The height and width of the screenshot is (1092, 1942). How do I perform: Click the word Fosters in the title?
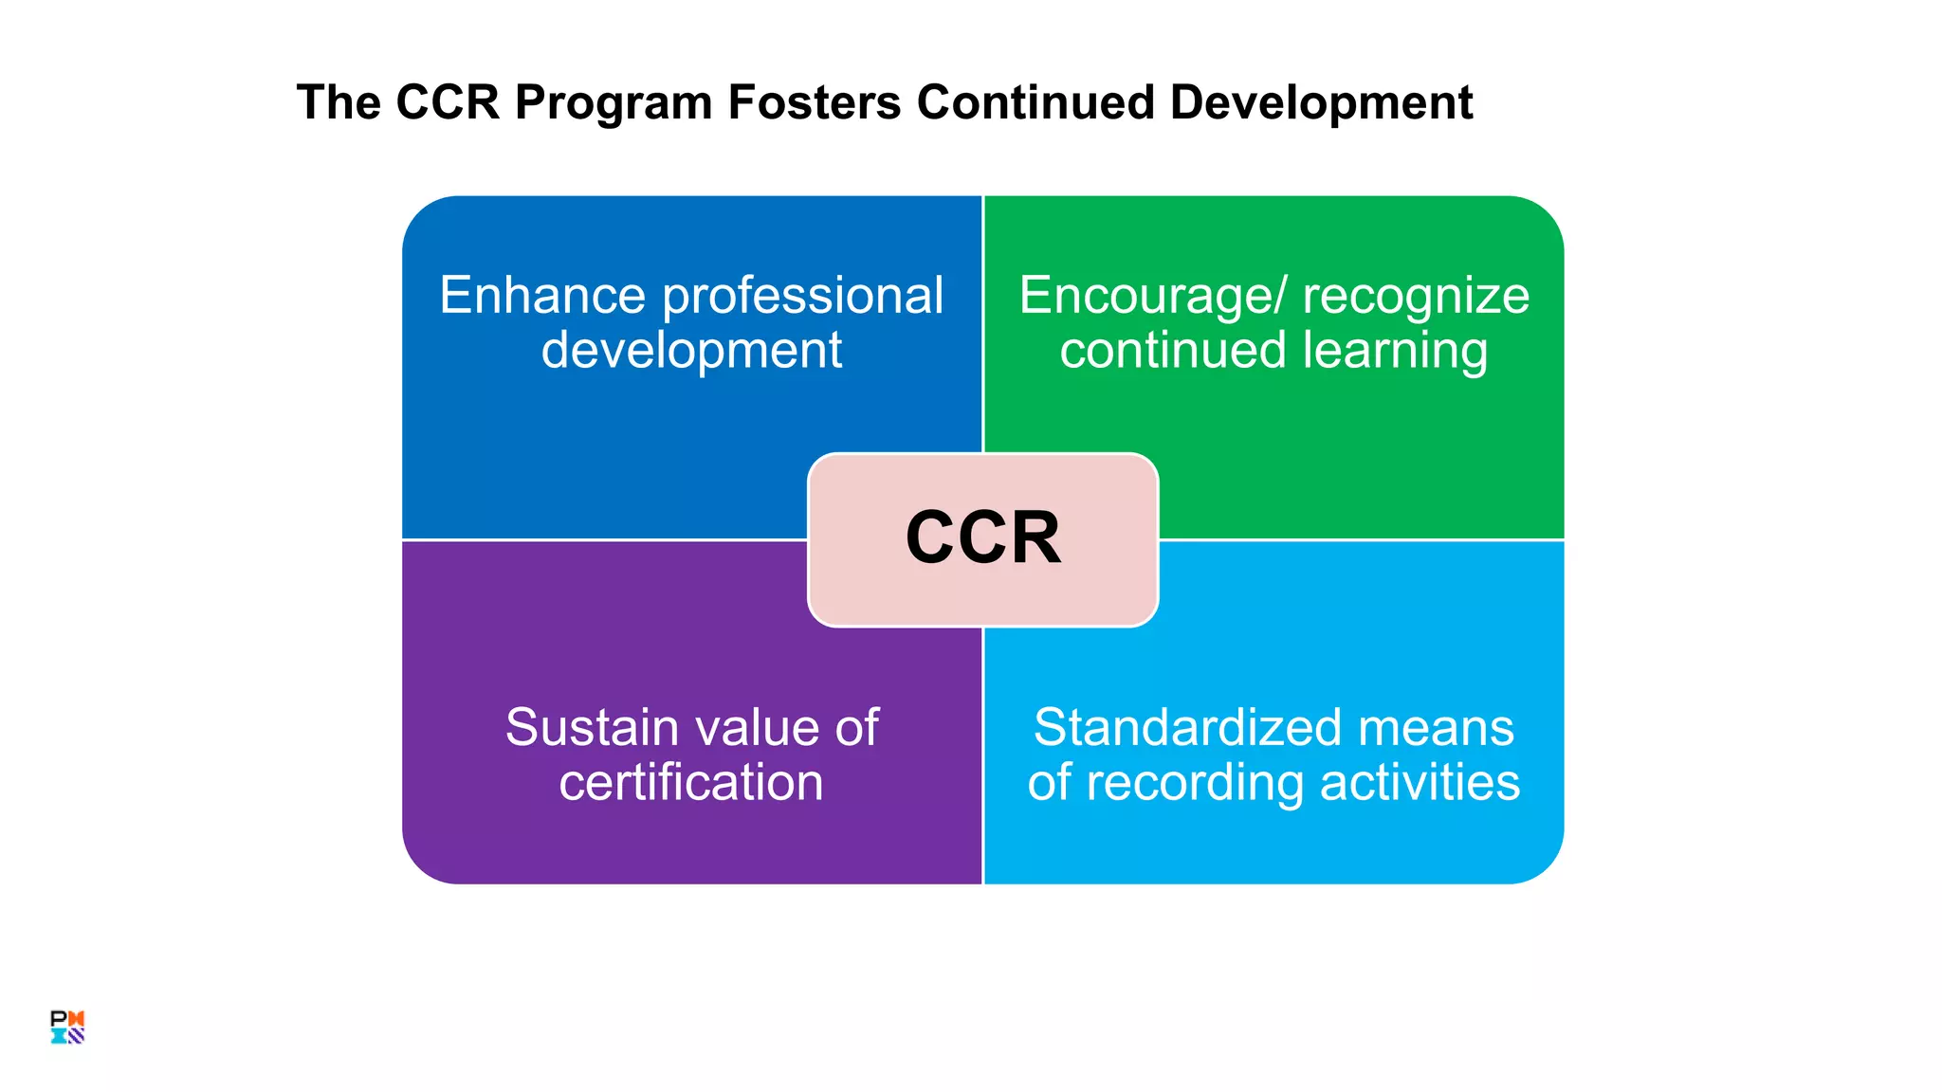[814, 102]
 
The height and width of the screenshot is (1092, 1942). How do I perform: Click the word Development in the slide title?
[1321, 102]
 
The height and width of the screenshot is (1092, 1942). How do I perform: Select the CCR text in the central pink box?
[983, 538]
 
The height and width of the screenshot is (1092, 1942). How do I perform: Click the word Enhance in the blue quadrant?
[542, 295]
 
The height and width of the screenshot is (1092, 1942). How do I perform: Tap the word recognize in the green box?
[1416, 297]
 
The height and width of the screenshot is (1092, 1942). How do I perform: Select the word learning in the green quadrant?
[1396, 351]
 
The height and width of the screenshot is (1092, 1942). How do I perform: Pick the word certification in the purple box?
[691, 783]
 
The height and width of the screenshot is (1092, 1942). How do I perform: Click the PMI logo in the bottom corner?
[67, 1027]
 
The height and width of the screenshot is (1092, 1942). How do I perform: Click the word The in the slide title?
[338, 102]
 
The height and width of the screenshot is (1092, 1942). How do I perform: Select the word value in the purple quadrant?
[755, 728]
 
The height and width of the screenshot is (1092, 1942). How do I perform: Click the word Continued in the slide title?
[1035, 102]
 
